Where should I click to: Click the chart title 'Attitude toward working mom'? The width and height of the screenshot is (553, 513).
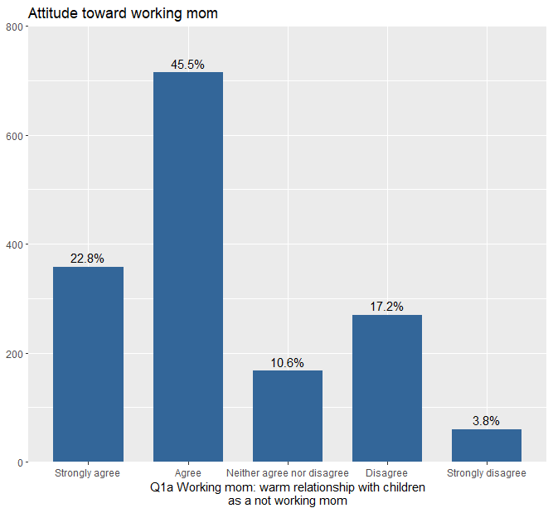click(123, 13)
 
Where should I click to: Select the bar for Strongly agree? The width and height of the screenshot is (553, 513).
click(88, 364)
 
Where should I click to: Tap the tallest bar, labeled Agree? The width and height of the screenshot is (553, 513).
click(188, 267)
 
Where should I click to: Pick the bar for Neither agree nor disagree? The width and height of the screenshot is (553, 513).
click(288, 416)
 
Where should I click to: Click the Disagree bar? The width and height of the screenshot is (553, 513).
click(387, 388)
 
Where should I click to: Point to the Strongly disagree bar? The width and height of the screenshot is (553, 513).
click(487, 445)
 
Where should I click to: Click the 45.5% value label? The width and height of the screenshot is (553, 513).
click(187, 65)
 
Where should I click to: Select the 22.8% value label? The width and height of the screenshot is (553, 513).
click(87, 259)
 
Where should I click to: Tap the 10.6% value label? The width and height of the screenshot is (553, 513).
click(287, 363)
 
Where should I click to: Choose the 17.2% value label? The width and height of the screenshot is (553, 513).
click(386, 307)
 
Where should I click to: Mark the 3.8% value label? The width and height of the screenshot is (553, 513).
click(486, 421)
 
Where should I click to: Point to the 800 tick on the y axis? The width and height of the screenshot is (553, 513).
click(15, 27)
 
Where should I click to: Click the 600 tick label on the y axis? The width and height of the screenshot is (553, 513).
click(15, 136)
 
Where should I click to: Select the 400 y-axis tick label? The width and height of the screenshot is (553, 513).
click(15, 244)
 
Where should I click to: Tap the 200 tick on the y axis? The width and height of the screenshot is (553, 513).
click(15, 354)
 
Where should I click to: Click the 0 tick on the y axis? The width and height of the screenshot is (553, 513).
click(21, 462)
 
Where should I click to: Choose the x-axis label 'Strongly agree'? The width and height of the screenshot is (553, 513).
click(87, 473)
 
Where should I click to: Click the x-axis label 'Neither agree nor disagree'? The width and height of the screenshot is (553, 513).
click(288, 473)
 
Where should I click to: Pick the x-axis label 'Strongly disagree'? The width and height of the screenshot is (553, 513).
click(487, 473)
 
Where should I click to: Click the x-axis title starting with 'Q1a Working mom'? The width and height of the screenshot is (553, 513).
click(288, 494)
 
